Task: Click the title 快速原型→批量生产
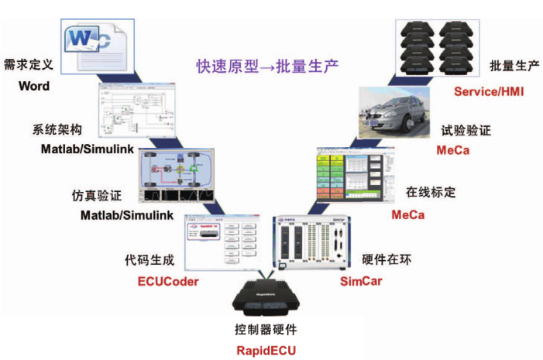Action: click(x=267, y=66)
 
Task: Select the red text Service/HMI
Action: click(x=489, y=91)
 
